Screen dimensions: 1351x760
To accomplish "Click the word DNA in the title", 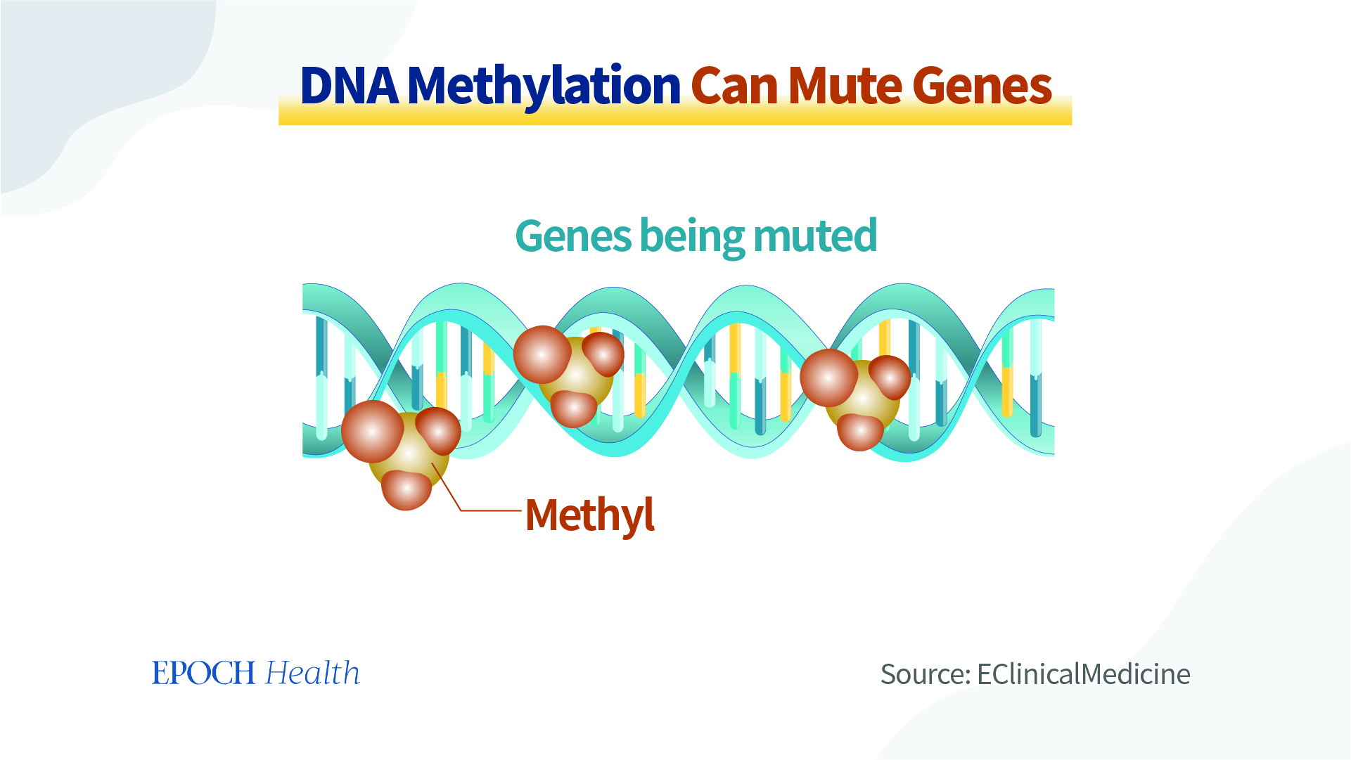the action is tap(349, 86).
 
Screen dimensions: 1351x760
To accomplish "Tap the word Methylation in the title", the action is tap(544, 86).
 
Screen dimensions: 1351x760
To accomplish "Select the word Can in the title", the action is tap(734, 86).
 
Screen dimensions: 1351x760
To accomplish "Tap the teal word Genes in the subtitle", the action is tap(573, 236).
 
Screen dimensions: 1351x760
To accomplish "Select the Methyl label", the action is tap(590, 515).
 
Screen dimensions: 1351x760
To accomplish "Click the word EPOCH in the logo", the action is tap(203, 674).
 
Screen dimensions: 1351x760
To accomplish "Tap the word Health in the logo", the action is tap(312, 673).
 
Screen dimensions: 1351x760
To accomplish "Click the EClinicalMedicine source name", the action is tap(1084, 674).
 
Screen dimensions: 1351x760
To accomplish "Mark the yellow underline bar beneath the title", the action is tap(675, 112).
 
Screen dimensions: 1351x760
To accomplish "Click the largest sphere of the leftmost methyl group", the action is tap(373, 431).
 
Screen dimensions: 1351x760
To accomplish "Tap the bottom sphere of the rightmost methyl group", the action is tap(860, 432).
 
